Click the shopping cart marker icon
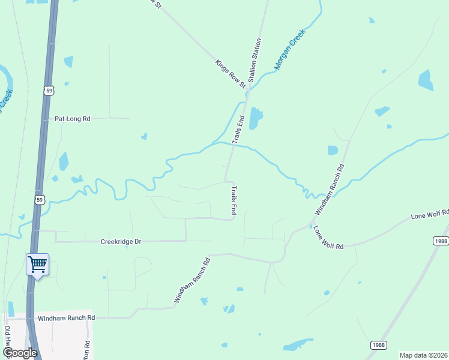pyautogui.click(x=37, y=264)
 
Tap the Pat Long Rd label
pyautogui.click(x=72, y=119)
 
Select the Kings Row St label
pyautogui.click(x=231, y=74)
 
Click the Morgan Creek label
pyautogui.click(x=291, y=50)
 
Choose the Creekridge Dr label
pyautogui.click(x=121, y=241)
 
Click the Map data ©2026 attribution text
pyautogui.click(x=423, y=355)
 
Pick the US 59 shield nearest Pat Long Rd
pyautogui.click(x=47, y=90)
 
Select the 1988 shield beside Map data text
pyautogui.click(x=378, y=344)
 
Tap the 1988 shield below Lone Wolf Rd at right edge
pyautogui.click(x=440, y=241)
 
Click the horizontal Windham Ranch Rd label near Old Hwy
pyautogui.click(x=66, y=317)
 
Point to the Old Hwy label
pyautogui.click(x=7, y=339)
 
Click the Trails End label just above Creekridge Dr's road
pyautogui.click(x=234, y=200)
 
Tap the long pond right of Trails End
pyautogui.click(x=256, y=118)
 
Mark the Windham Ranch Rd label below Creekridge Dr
pyautogui.click(x=192, y=280)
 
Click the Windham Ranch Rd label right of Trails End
pyautogui.click(x=330, y=190)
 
